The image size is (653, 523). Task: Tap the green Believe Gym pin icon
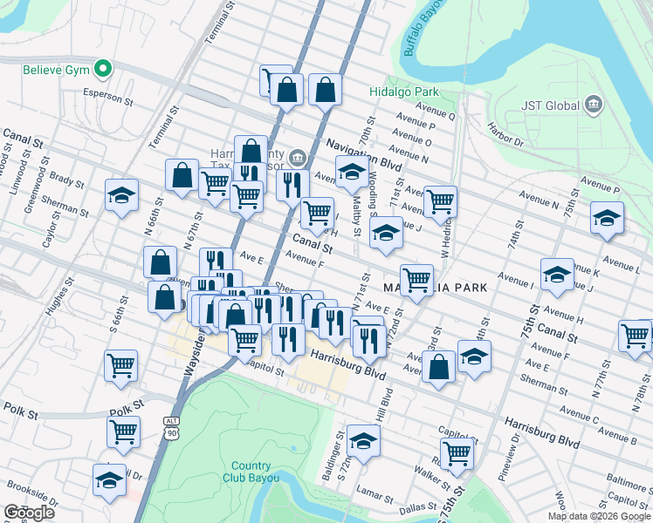[103, 68]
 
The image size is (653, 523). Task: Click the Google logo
[29, 513]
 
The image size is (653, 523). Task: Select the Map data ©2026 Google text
[598, 516]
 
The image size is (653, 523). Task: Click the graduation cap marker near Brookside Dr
[110, 480]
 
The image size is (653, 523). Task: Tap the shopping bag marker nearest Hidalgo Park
[325, 89]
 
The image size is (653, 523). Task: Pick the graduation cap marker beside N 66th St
[121, 195]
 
